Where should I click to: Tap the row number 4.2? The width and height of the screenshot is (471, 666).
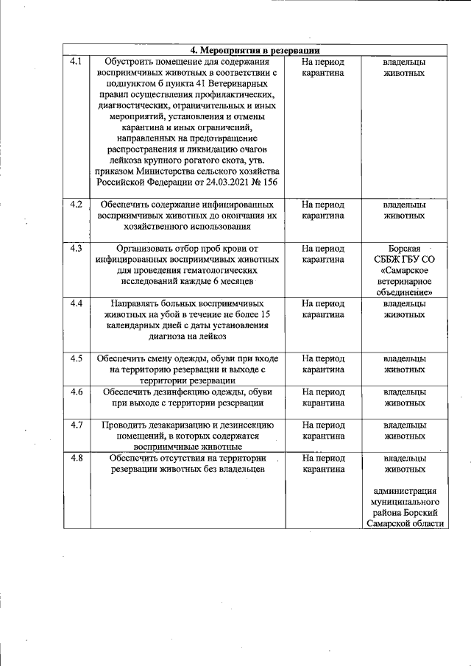click(x=76, y=204)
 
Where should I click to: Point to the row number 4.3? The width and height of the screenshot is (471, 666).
click(x=76, y=248)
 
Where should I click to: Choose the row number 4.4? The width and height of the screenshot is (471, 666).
click(x=76, y=302)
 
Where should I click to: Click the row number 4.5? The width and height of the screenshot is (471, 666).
click(x=76, y=358)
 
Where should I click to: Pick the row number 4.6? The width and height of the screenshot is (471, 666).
click(x=76, y=391)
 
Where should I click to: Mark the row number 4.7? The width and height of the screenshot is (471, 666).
click(x=76, y=424)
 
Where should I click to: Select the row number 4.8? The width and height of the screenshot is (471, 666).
click(x=76, y=457)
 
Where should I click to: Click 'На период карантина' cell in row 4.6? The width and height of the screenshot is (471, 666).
click(x=323, y=397)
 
